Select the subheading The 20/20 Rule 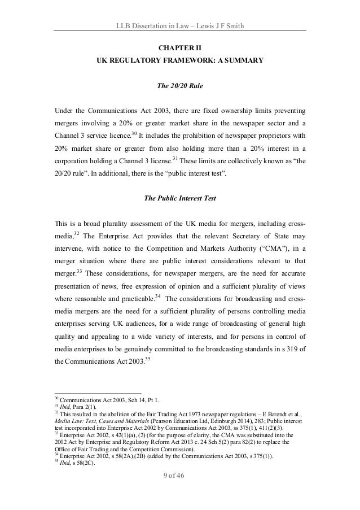tap(179, 87)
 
